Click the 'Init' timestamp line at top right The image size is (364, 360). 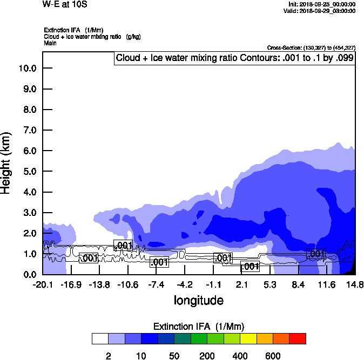[322, 4]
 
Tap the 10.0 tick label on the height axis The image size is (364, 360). [27, 69]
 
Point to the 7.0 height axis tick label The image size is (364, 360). [29, 130]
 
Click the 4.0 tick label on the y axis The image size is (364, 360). [29, 192]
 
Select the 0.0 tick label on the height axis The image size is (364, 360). [29, 274]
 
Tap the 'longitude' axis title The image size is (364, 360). [198, 300]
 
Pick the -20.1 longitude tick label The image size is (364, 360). [42, 285]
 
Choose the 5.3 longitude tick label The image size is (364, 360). [270, 285]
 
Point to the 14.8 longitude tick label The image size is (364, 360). [355, 285]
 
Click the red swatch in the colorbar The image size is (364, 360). [298, 338]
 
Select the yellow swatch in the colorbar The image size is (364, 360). [248, 338]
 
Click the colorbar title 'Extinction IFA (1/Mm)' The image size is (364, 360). [199, 327]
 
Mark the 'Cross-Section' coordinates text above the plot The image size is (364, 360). [311, 47]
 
